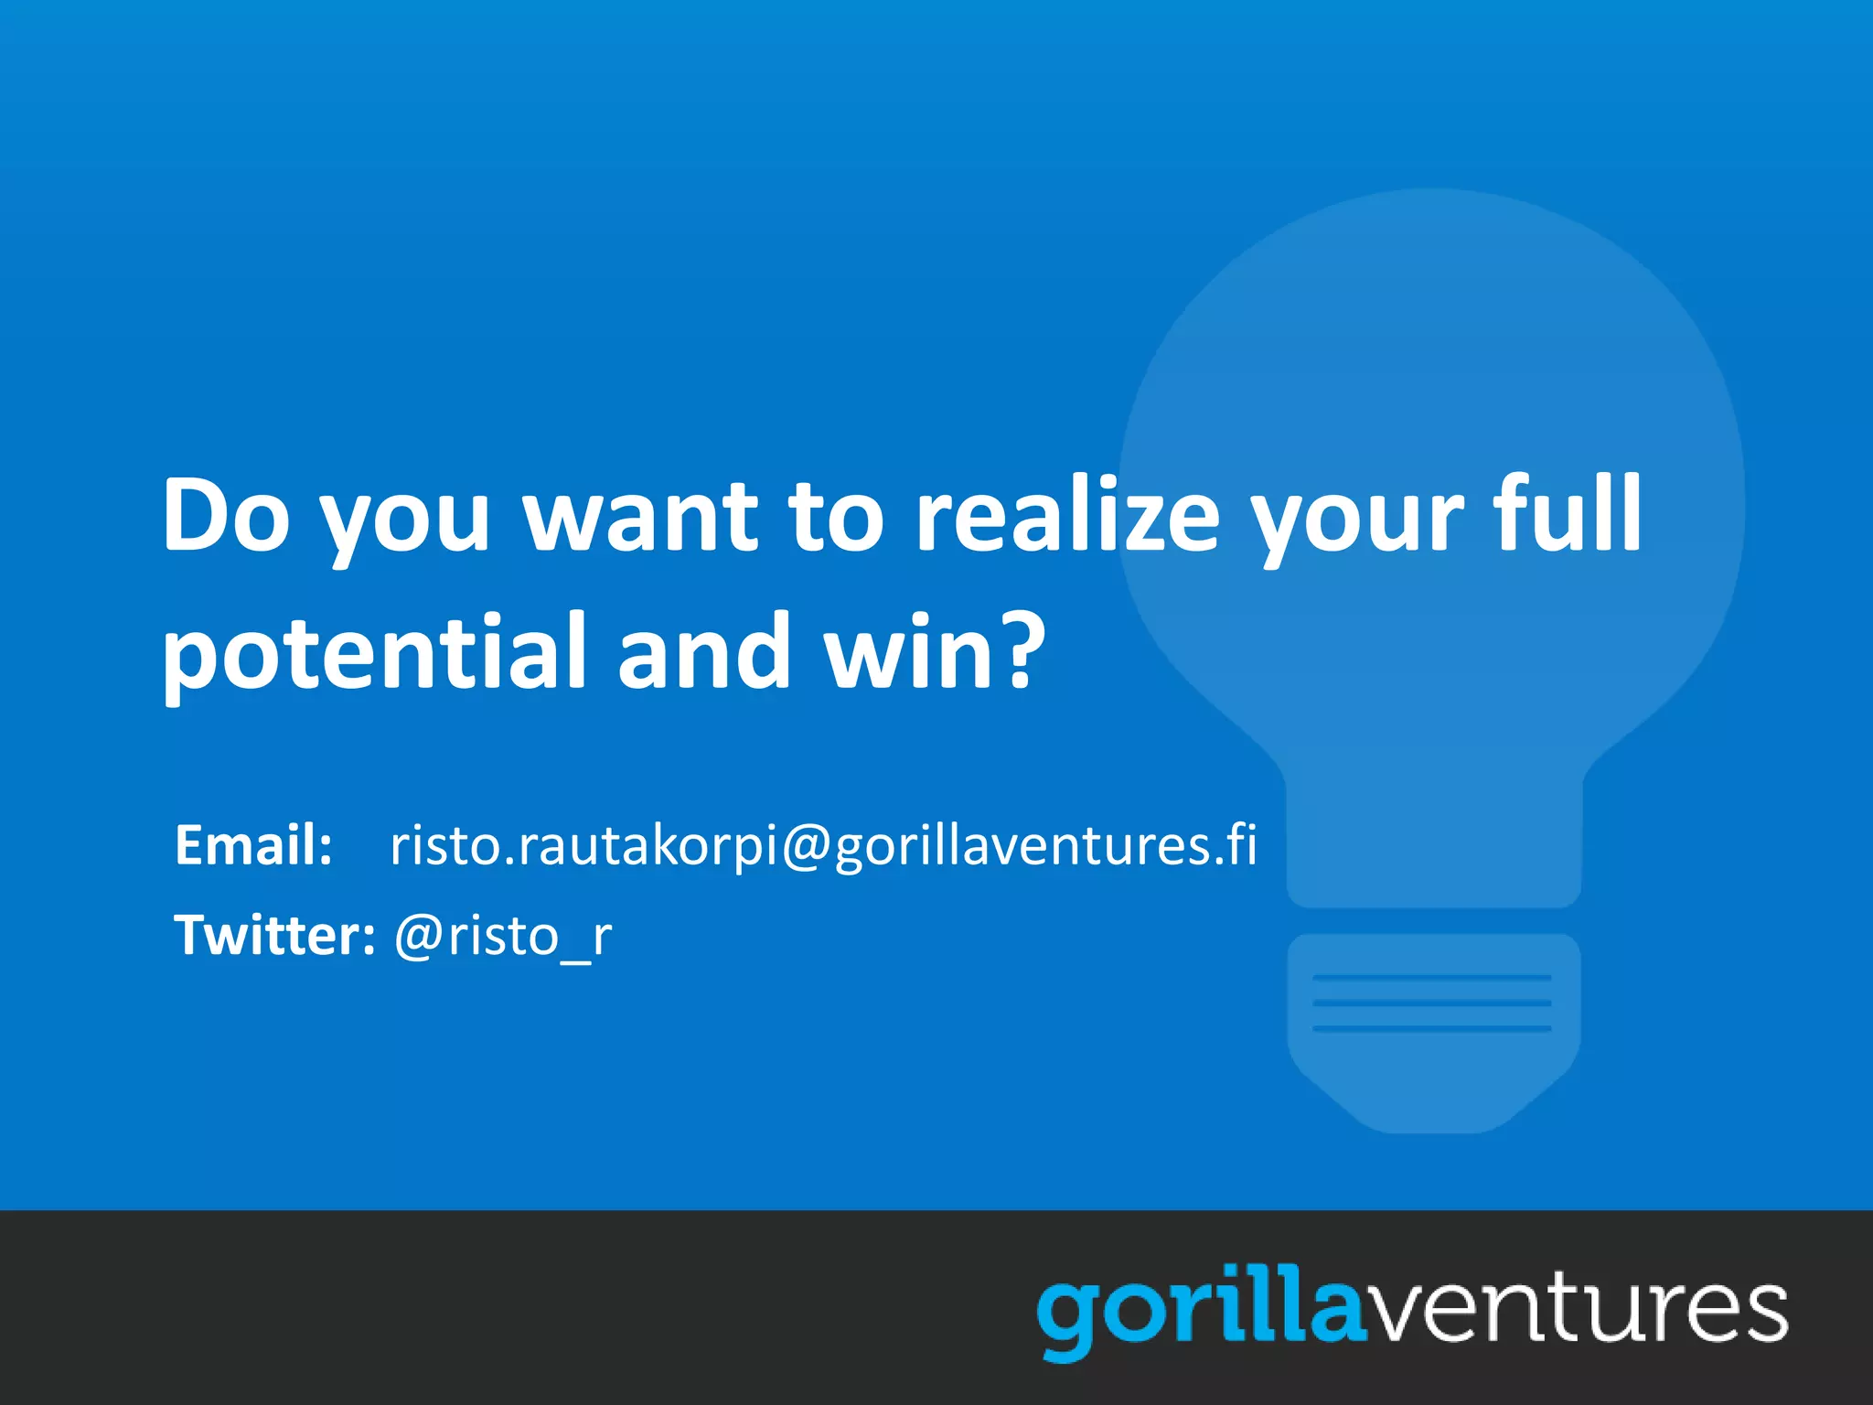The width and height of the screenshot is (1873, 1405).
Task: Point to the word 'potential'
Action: point(373,652)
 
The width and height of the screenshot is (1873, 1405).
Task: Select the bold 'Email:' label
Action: point(253,844)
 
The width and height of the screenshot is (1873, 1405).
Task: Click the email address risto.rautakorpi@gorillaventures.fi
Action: point(823,844)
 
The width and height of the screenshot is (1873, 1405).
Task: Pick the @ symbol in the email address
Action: point(805,846)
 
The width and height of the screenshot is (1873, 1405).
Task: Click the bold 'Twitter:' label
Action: point(274,935)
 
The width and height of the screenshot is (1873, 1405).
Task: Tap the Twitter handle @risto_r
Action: point(502,937)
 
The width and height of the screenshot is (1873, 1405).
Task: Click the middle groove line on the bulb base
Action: point(1431,1003)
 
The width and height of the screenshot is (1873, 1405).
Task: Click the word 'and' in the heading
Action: point(703,650)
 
